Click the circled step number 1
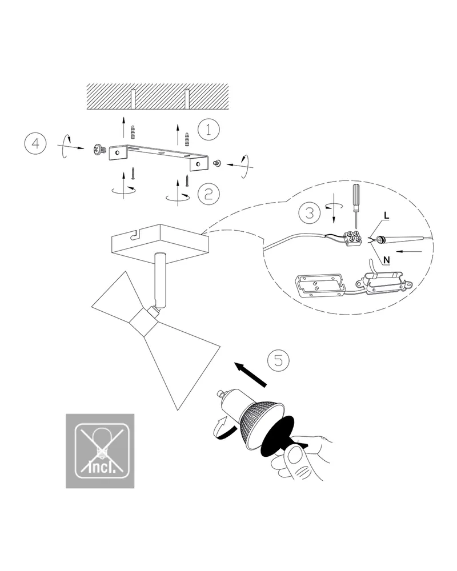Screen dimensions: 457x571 click(209, 129)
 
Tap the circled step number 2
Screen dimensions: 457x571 click(209, 194)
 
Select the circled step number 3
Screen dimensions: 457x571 click(310, 212)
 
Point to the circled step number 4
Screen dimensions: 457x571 click(35, 143)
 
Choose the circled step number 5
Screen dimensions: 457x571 click(278, 360)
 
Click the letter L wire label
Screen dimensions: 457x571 click(386, 215)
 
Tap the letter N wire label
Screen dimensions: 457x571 click(387, 260)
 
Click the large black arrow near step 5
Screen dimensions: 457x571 click(250, 374)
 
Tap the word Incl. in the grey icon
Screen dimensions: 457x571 click(102, 467)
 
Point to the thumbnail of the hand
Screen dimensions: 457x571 click(295, 456)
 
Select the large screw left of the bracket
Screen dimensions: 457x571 click(99, 149)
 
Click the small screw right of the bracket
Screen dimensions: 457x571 click(218, 163)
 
